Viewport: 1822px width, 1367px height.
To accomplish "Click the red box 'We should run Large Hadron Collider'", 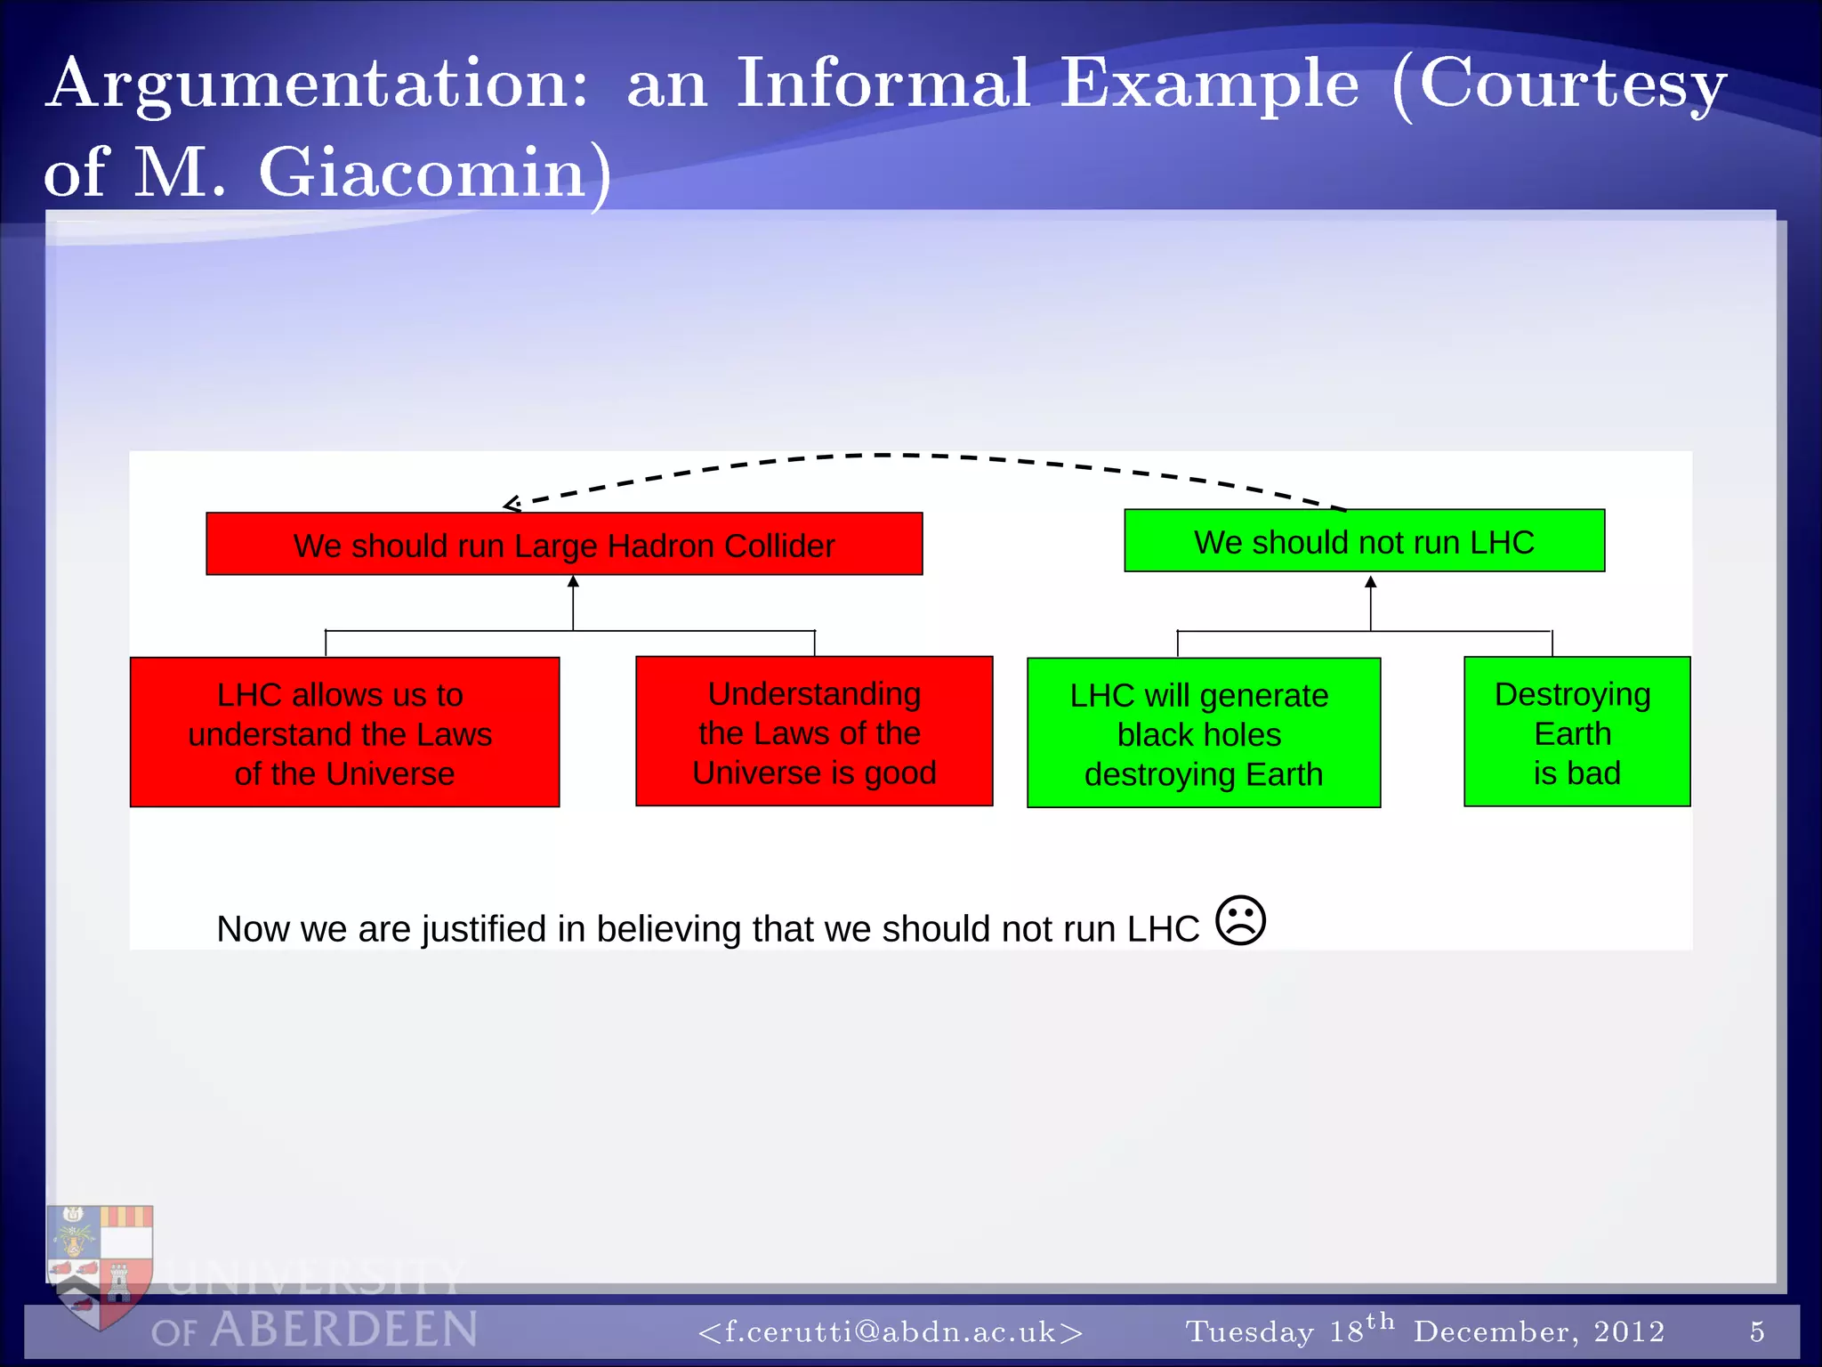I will (564, 544).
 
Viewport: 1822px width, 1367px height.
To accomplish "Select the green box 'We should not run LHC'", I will (1364, 541).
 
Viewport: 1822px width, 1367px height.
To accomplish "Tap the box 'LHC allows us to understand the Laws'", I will (344, 732).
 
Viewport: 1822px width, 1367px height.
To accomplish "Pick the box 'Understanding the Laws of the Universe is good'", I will (814, 732).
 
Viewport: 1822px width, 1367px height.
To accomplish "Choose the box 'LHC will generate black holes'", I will (1203, 733).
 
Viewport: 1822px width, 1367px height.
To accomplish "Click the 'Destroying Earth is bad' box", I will (1576, 732).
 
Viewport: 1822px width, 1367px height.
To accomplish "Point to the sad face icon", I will (1240, 920).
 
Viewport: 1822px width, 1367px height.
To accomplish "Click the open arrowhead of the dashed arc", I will (512, 505).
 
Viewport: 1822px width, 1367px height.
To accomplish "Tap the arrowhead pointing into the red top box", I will (573, 582).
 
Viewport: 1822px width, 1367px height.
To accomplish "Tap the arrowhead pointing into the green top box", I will (1370, 582).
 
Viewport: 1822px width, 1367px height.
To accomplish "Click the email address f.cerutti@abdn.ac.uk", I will (891, 1331).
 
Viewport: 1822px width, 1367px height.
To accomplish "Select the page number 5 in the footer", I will (1757, 1331).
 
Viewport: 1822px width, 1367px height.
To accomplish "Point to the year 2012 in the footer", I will (1629, 1331).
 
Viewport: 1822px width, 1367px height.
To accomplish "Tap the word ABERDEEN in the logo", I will (344, 1330).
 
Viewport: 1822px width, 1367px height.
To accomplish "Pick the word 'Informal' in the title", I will (883, 84).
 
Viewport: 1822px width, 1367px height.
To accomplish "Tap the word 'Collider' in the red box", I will (778, 546).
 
